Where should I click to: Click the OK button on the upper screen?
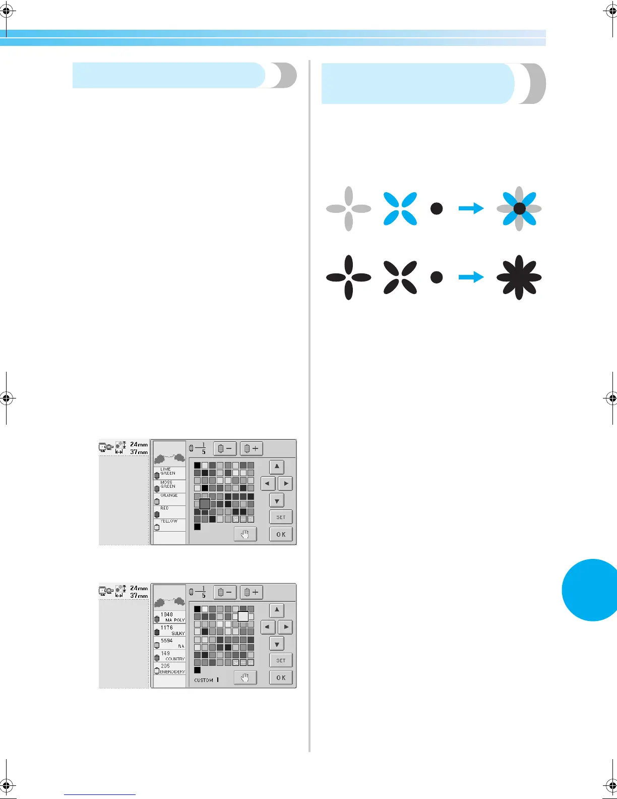(281, 534)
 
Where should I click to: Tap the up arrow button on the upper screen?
(277, 467)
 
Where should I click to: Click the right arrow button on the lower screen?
(286, 627)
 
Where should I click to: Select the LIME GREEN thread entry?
(169, 472)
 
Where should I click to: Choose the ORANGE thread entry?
(169, 498)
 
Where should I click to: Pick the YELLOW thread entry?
(169, 524)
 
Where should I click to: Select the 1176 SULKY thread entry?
(170, 630)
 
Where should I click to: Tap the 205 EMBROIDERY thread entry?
(170, 669)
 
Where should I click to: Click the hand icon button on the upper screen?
(245, 534)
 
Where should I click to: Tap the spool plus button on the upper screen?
(252, 448)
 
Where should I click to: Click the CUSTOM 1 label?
(207, 680)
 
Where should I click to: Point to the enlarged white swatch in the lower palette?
(243, 616)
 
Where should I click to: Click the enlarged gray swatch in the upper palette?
(205, 503)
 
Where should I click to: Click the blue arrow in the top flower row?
(471, 208)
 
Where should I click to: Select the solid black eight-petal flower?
(519, 277)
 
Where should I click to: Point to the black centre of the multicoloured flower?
(519, 208)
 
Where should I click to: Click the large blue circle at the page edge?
(592, 590)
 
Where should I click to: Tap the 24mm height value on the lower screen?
(139, 588)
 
